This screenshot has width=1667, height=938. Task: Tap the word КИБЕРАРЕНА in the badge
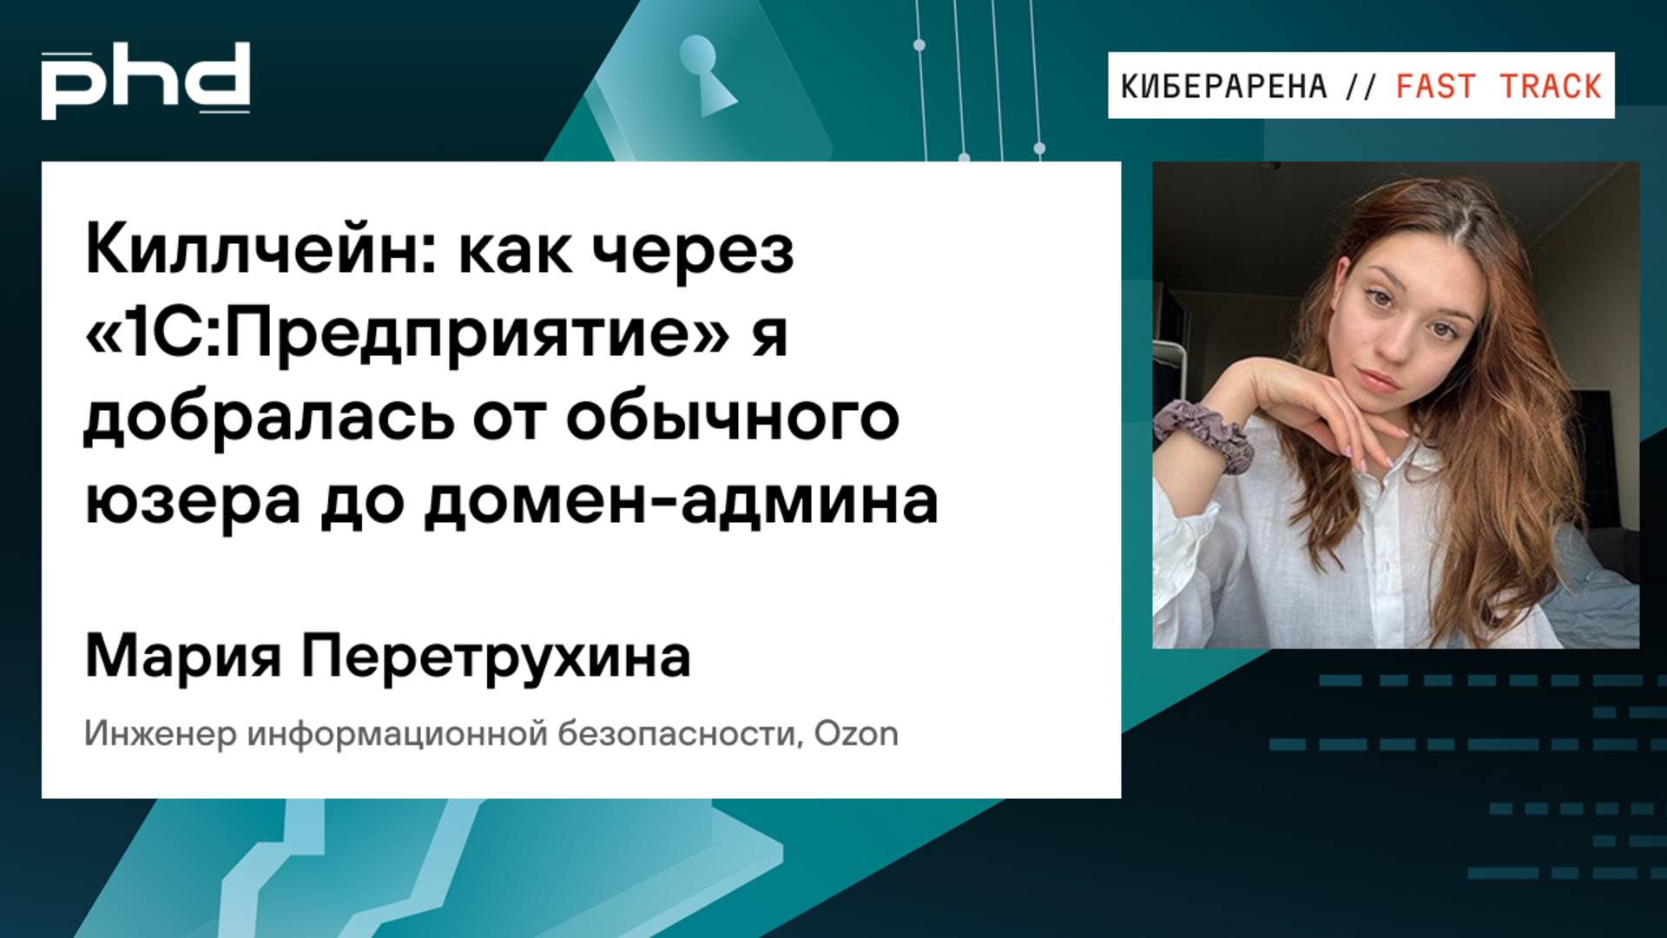1224,87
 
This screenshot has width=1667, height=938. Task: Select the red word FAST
1435,87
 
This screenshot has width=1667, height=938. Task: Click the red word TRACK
1551,87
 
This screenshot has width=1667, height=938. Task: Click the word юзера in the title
192,502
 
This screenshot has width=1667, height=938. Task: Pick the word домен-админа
682,502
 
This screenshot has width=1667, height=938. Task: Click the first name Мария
183,657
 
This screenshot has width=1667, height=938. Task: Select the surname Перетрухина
496,657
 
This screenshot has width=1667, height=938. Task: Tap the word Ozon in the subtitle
856,734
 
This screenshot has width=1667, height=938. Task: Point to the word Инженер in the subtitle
161,734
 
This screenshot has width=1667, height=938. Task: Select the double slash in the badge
1361,87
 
